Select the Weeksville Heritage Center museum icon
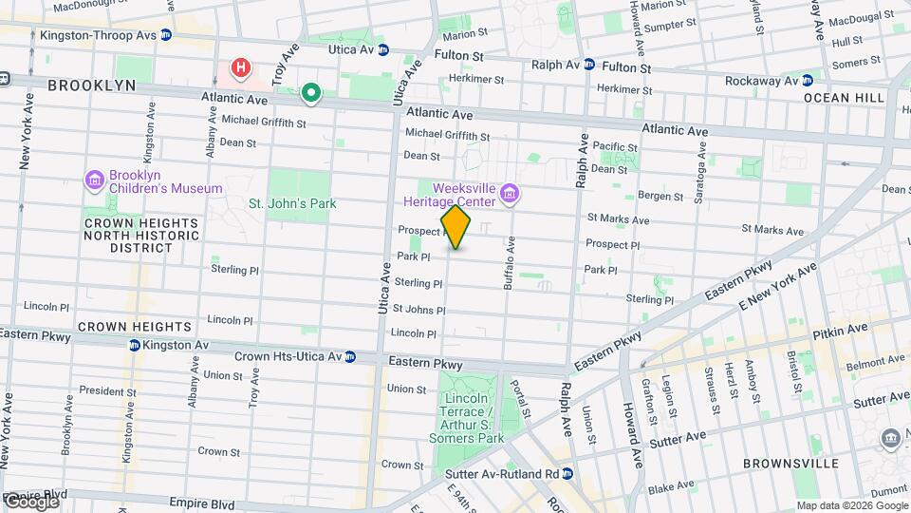511,196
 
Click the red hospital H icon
241,68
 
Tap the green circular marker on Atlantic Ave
310,93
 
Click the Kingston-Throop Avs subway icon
166,35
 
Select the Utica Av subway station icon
382,49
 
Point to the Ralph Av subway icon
589,65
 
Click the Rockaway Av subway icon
808,80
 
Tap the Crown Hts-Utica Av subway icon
350,357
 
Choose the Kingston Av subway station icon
134,345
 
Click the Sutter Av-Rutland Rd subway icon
567,473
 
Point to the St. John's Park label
292,203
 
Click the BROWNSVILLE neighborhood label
790,464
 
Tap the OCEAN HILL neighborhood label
837,98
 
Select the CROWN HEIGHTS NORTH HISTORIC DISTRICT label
128,236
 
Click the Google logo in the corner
30,501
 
